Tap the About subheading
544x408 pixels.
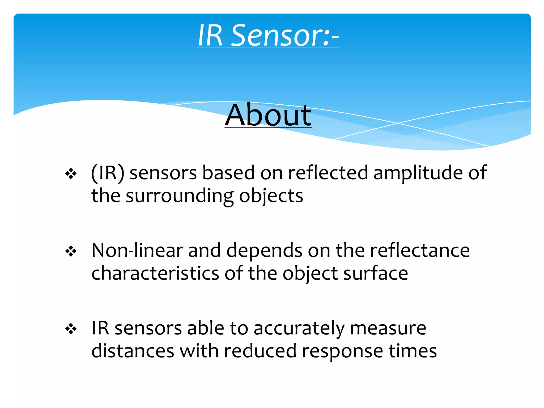[268, 116]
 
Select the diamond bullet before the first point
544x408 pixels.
[71, 174]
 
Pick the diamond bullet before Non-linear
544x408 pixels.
[71, 251]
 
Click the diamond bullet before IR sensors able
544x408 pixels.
[71, 329]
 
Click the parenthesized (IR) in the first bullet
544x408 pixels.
[107, 173]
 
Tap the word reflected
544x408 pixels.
[328, 173]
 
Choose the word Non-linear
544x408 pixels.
[137, 250]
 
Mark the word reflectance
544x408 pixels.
[420, 250]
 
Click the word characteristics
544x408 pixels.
[155, 274]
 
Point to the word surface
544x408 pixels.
[375, 274]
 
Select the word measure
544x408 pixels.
[388, 328]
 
